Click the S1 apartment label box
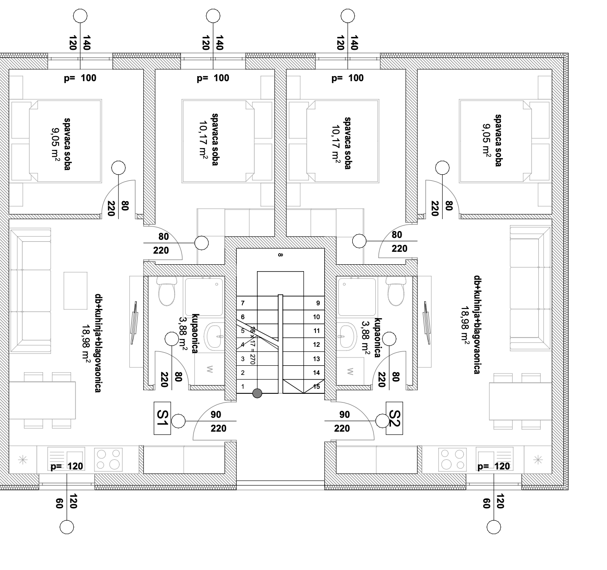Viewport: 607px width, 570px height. pyautogui.click(x=162, y=418)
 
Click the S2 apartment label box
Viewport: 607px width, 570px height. pyautogui.click(x=394, y=418)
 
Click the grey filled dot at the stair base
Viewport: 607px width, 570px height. pyautogui.click(x=257, y=393)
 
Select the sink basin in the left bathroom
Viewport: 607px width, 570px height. pyautogui.click(x=214, y=336)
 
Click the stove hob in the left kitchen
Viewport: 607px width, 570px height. pyautogui.click(x=108, y=460)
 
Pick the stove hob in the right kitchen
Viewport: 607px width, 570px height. pyautogui.click(x=453, y=460)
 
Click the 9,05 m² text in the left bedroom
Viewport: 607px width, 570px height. pyautogui.click(x=55, y=144)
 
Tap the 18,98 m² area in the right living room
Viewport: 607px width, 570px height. pyautogui.click(x=465, y=326)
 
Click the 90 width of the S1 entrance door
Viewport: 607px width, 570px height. pyautogui.click(x=216, y=415)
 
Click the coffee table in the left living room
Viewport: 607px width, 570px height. pyautogui.click(x=76, y=291)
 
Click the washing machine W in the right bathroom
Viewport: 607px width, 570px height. pyautogui.click(x=350, y=371)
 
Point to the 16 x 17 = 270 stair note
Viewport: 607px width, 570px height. pyautogui.click(x=252, y=345)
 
